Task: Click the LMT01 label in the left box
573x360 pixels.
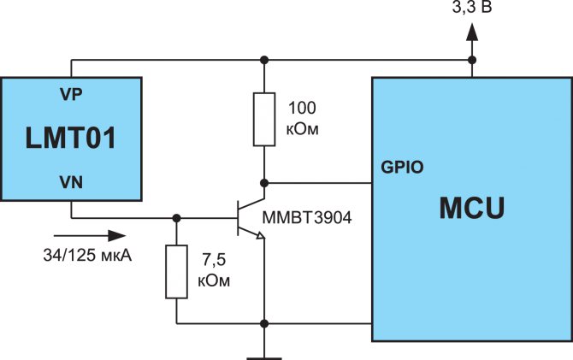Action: (71, 137)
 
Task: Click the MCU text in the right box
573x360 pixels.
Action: (472, 209)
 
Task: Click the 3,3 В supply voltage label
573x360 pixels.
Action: (471, 8)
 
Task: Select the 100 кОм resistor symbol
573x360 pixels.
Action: (263, 120)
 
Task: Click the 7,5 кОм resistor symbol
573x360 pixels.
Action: (177, 271)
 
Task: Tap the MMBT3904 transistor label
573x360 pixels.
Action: (307, 217)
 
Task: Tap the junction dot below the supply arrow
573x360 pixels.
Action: (471, 60)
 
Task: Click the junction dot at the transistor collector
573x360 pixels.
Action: (263, 183)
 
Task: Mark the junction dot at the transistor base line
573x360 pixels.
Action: (177, 217)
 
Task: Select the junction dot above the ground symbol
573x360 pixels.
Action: (263, 323)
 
